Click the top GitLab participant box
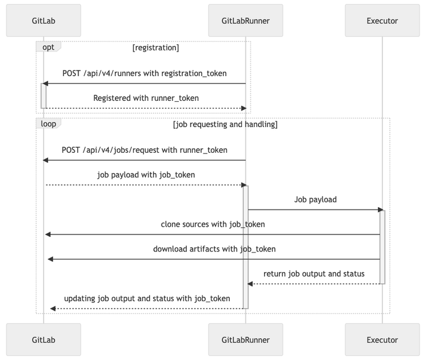tap(44, 21)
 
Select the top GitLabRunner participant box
tap(246, 21)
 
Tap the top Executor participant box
tap(382, 21)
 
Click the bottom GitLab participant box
tap(44, 340)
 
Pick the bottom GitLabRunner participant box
tap(246, 340)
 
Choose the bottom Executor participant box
tap(382, 340)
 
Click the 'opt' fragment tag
tap(48, 47)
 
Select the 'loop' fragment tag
tap(48, 124)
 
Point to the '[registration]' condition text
tap(155, 48)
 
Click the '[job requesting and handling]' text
tap(225, 124)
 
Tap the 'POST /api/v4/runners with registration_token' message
tap(145, 73)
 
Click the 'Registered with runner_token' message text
tap(146, 98)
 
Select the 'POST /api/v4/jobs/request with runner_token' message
tap(145, 150)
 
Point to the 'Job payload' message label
tap(315, 199)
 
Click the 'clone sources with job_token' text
tap(213, 224)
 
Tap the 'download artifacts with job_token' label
tap(214, 249)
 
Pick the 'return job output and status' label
tap(314, 274)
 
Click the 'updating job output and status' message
tap(147, 298)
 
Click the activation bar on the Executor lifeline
tap(382, 246)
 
